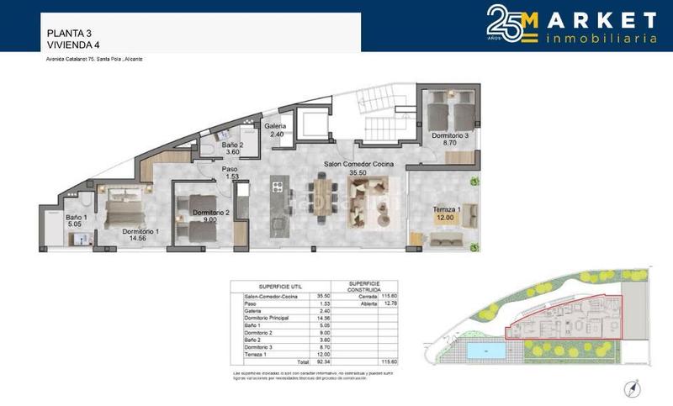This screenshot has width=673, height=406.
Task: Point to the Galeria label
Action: tap(276, 126)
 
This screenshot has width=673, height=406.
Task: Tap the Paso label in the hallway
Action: tap(230, 169)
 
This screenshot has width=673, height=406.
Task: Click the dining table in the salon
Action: tap(322, 196)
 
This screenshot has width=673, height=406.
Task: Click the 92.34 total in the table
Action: tap(323, 360)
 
